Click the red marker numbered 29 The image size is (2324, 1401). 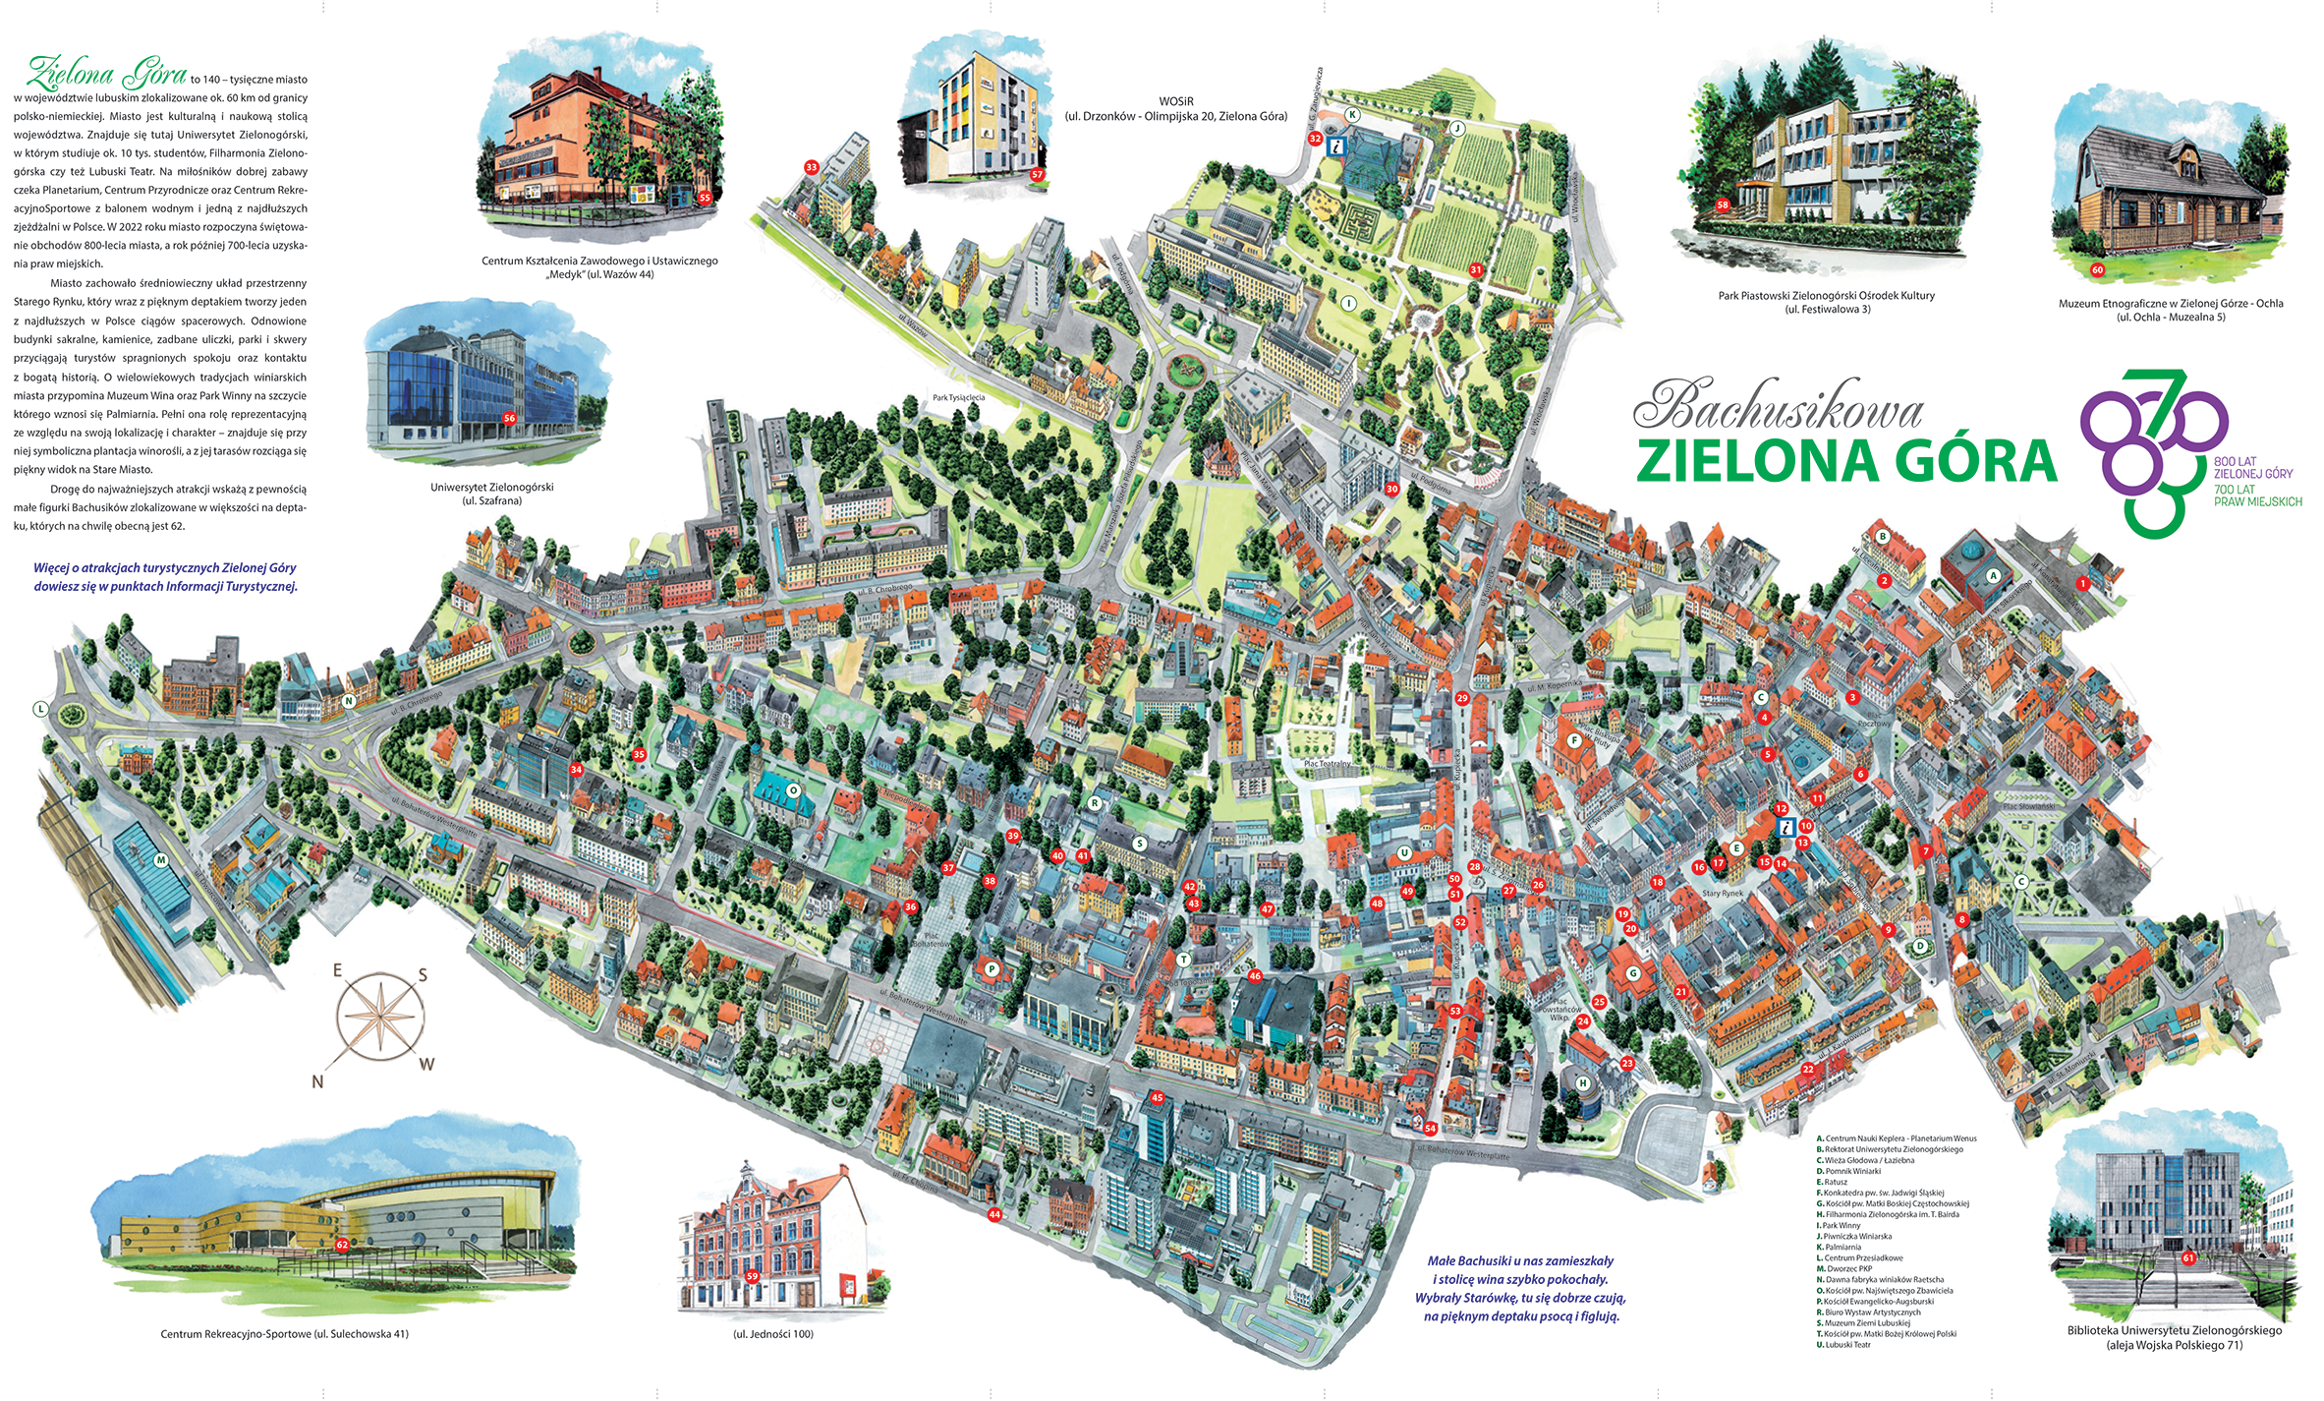(x=1462, y=698)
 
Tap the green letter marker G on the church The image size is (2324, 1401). (x=1633, y=973)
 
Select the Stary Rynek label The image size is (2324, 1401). (x=1723, y=894)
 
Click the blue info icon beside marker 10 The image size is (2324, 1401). (x=1787, y=828)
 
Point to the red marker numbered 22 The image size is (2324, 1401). (x=1808, y=1069)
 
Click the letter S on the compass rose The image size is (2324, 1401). (x=423, y=975)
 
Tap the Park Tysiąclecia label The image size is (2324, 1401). (x=958, y=398)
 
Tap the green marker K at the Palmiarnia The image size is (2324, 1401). (x=1352, y=115)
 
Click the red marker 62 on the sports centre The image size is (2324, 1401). (x=342, y=1244)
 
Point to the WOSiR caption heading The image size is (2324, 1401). (x=1175, y=101)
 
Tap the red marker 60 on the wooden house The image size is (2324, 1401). (x=2097, y=269)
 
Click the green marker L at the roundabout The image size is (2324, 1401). (x=40, y=708)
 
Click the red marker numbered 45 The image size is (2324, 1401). (x=1157, y=1097)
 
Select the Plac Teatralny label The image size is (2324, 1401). (x=1327, y=763)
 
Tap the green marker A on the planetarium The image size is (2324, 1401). (x=1993, y=576)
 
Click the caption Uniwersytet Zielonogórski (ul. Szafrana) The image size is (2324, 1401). (x=491, y=494)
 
